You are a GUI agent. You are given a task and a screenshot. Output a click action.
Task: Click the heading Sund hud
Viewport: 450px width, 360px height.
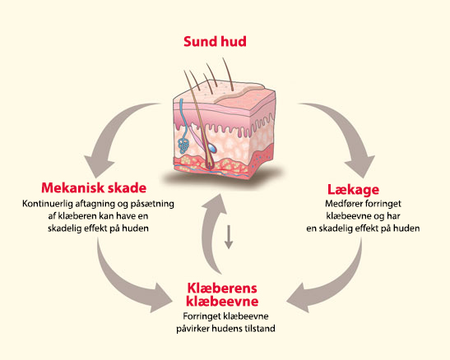(215, 42)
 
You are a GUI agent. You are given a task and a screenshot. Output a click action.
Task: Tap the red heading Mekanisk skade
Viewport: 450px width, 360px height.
(94, 188)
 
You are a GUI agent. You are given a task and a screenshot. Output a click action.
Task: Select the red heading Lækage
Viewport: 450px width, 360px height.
(353, 190)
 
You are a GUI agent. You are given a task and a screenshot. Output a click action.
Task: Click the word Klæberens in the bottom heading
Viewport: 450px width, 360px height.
(222, 288)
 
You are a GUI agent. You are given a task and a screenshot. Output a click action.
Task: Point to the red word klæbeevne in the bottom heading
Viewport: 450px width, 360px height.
(222, 302)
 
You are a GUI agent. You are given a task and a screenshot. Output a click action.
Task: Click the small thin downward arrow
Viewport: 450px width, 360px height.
(229, 237)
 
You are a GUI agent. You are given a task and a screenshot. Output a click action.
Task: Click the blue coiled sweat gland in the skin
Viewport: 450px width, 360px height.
(183, 145)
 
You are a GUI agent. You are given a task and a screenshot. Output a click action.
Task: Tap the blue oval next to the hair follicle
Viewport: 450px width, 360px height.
(212, 148)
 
